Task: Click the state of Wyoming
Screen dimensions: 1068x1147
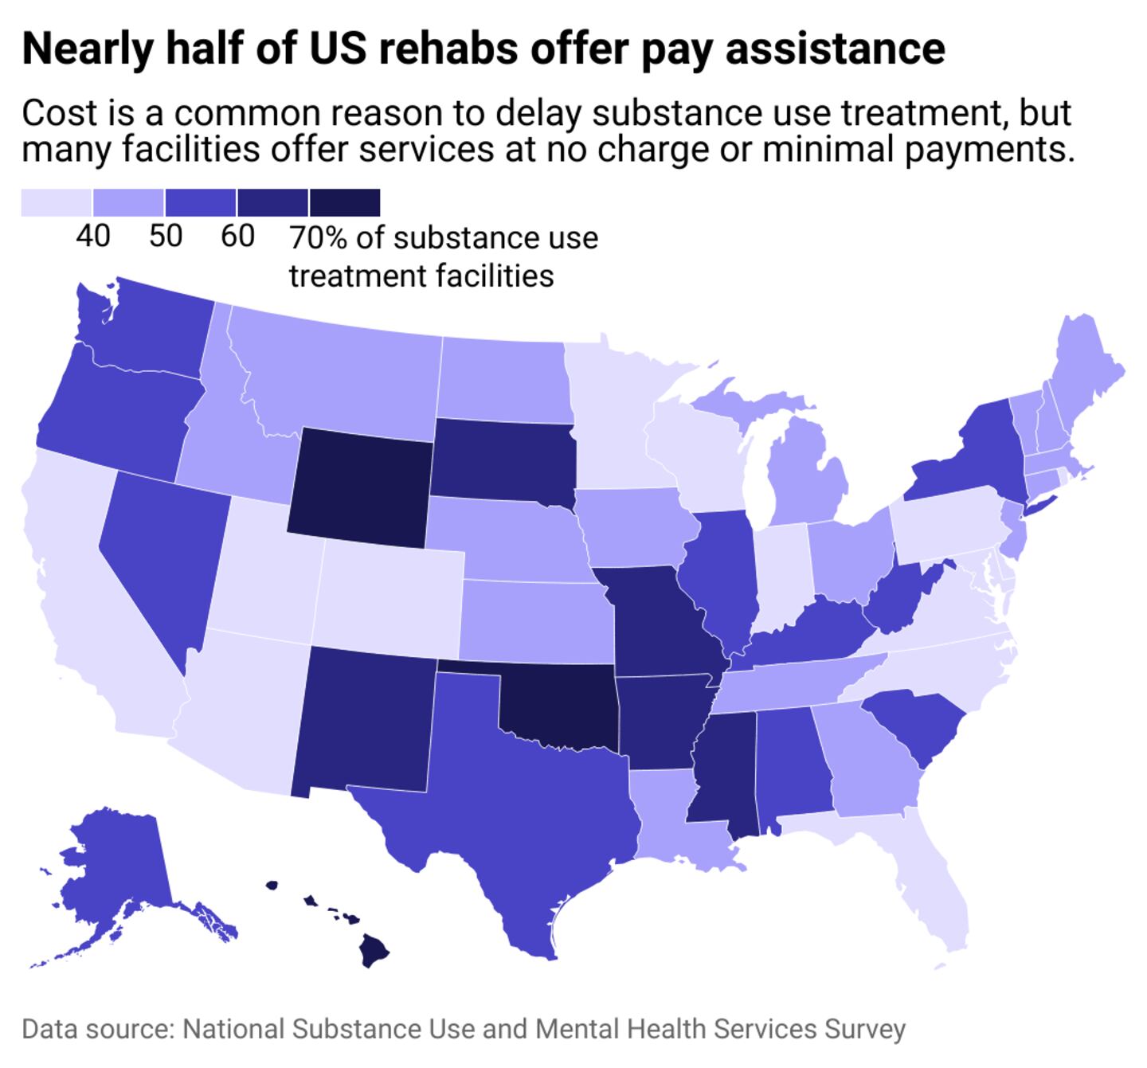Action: [360, 487]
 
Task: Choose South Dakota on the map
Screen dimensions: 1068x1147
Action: [502, 462]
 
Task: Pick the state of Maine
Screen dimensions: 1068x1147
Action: [1083, 366]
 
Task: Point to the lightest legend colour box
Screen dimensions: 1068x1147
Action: [57, 202]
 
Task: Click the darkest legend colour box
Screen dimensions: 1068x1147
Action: [344, 202]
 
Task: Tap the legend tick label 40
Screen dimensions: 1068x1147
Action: [92, 237]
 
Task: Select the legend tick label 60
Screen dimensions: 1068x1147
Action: [237, 237]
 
